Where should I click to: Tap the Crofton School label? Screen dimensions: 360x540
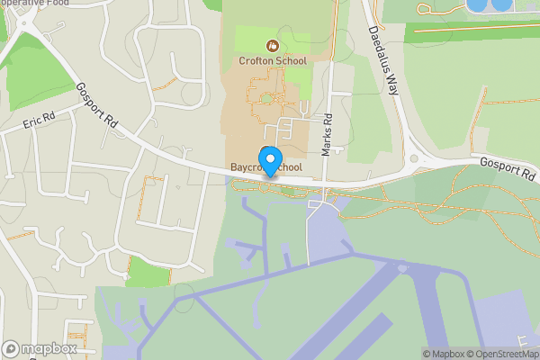pos(273,61)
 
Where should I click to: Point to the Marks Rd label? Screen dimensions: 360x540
pos(328,136)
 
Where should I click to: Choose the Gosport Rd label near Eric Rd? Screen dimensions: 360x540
pos(97,105)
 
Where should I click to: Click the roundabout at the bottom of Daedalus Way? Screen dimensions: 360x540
pos(415,161)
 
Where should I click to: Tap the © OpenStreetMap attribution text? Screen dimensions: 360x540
pos(505,354)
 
